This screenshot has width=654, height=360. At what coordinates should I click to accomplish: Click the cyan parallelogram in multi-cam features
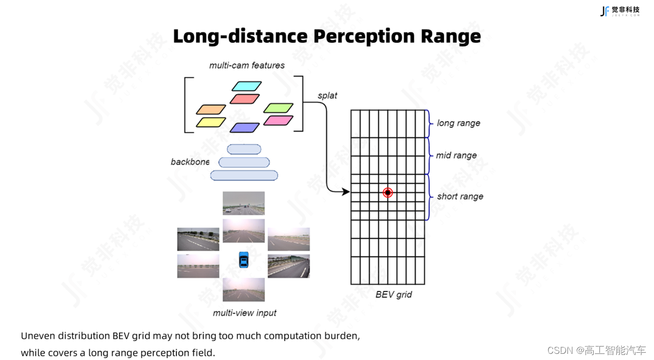247,86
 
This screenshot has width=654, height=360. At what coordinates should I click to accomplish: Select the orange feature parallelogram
211,110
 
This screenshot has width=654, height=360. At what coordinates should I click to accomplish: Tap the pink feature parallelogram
278,121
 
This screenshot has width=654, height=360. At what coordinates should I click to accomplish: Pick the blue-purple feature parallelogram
245,128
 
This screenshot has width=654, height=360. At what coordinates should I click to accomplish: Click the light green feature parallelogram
278,108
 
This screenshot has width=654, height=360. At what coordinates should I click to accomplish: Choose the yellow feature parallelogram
211,123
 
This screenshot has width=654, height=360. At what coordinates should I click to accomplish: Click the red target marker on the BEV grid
388,193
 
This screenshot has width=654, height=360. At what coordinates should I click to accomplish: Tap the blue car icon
244,260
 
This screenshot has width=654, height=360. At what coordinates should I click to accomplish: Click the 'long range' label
458,123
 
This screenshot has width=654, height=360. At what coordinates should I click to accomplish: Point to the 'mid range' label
456,156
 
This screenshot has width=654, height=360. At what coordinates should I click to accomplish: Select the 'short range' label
460,196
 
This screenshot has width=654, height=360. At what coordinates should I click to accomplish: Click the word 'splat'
327,96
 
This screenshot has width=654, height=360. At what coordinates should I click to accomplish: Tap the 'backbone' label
190,162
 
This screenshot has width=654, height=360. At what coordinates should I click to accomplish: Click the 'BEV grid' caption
393,295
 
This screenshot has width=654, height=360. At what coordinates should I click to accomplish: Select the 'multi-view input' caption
244,313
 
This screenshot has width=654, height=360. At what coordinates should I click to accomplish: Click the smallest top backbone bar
244,149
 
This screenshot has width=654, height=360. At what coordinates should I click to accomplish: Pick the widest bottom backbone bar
244,176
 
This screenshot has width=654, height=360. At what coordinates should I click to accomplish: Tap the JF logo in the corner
605,11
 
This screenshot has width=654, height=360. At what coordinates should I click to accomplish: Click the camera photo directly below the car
244,289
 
